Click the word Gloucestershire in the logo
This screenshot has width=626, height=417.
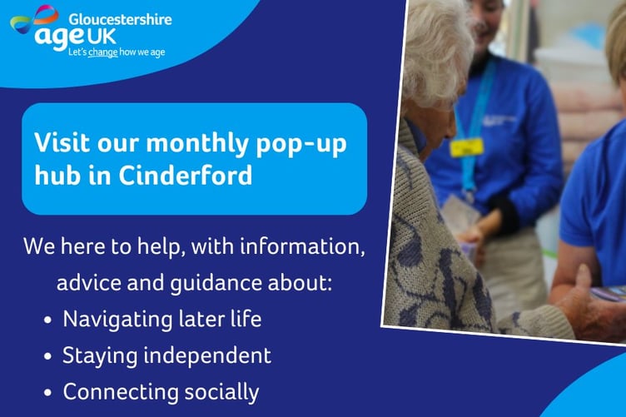pyautogui.click(x=121, y=19)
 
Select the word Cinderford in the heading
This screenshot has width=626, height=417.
pyautogui.click(x=203, y=176)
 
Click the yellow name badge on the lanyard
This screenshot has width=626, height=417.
pyautogui.click(x=466, y=146)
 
